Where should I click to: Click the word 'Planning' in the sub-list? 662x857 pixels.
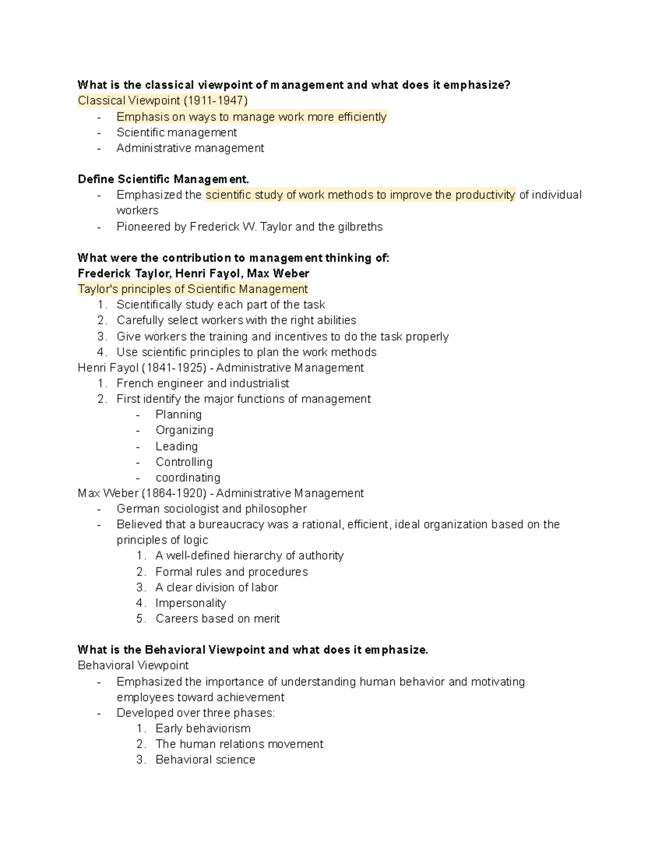point(178,414)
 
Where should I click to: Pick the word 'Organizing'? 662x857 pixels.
point(184,430)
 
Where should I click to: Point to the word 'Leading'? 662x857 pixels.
point(177,446)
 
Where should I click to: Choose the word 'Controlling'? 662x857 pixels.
point(184,462)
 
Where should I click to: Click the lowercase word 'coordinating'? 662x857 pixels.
point(188,477)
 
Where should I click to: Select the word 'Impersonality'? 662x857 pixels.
point(190,603)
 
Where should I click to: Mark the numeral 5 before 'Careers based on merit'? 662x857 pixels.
point(140,619)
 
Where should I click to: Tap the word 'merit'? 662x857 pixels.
point(266,619)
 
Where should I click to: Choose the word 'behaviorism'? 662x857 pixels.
point(218,728)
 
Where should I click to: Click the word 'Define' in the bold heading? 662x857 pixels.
point(96,179)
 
